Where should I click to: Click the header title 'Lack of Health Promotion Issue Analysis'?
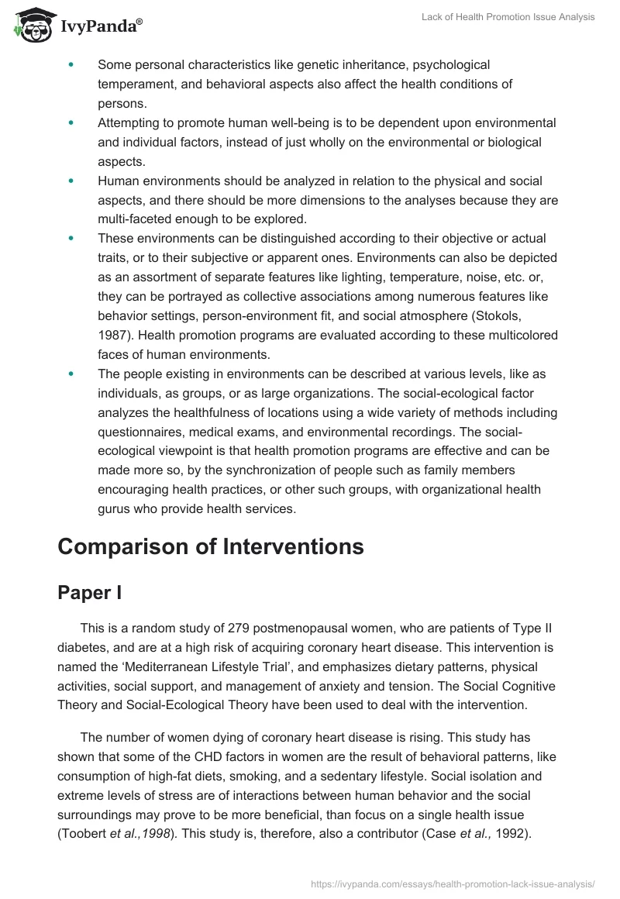[507, 17]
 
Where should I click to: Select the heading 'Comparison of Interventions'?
[210, 546]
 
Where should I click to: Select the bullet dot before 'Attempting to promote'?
[71, 123]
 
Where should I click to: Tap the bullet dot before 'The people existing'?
[71, 374]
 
